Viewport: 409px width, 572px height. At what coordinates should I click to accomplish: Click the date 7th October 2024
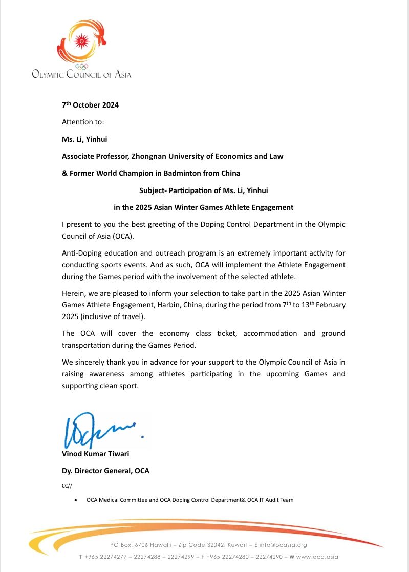(91, 105)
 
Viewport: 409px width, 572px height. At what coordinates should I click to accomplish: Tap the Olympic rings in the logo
(81, 66)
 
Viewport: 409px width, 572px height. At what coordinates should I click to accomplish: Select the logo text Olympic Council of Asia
(81, 75)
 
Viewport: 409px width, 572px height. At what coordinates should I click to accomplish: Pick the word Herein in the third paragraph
(73, 293)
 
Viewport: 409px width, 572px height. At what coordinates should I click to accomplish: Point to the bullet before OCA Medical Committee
(76, 500)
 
